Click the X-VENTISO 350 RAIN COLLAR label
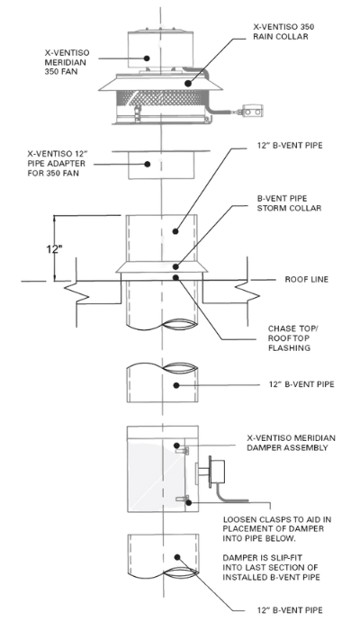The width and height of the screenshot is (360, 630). click(x=283, y=31)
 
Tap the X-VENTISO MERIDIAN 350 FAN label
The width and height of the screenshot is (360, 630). click(x=67, y=63)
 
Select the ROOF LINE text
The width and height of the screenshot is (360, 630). click(x=307, y=279)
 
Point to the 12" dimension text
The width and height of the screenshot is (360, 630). click(x=54, y=249)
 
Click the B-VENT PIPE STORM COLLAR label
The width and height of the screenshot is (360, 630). click(x=289, y=203)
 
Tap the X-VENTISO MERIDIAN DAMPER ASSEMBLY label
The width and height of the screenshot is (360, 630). click(x=292, y=443)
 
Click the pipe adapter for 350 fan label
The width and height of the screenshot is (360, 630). click(x=56, y=164)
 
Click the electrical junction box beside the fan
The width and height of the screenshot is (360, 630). click(x=252, y=111)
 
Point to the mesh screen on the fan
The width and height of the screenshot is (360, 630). click(x=161, y=97)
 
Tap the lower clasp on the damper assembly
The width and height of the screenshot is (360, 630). click(x=182, y=499)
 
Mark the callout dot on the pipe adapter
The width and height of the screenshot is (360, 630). click(x=148, y=164)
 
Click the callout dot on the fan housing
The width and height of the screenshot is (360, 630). click(x=147, y=58)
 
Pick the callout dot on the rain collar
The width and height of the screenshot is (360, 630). click(x=187, y=83)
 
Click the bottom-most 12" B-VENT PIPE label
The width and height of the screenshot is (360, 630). click(x=290, y=610)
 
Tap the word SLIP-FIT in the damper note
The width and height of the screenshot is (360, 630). click(x=284, y=558)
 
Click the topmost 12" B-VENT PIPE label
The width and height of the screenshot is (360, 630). click(x=290, y=146)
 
